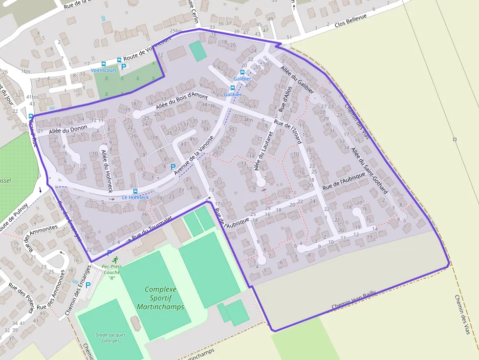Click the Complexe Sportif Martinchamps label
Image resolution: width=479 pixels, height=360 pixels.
(160, 298)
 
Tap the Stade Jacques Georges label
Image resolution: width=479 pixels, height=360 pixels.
(110, 338)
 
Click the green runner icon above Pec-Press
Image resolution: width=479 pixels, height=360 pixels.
(115, 260)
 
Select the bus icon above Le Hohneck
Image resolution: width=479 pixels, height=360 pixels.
(135, 191)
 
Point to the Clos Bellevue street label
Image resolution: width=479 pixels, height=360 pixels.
(350, 24)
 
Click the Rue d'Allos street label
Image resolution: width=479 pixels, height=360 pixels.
(285, 97)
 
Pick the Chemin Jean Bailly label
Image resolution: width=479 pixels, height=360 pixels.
(354, 300)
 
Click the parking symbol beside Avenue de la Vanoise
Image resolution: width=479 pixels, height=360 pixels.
(173, 167)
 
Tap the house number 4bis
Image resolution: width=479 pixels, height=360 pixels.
(248, 120)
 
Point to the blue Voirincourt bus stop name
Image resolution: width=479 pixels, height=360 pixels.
(104, 70)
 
